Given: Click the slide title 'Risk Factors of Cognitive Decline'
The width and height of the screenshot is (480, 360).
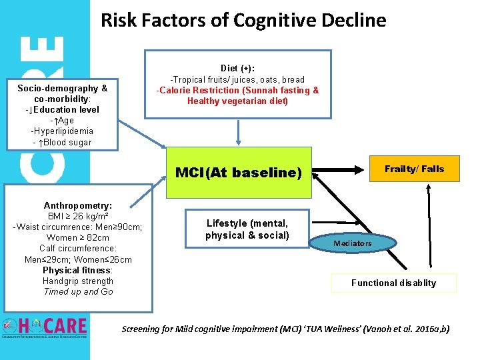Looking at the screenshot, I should coord(243,21).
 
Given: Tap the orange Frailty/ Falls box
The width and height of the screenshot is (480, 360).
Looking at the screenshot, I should coord(414,169).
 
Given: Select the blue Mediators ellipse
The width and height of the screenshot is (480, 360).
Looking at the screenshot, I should coord(353,243).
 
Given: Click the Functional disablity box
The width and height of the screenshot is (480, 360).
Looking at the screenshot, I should coord(394,283).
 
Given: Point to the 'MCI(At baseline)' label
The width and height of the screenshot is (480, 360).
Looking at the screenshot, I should coord(239,173).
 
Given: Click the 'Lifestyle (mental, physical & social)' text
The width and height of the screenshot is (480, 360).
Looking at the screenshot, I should coord(247,229).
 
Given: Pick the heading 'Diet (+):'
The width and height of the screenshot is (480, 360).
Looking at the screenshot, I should coord(237,68).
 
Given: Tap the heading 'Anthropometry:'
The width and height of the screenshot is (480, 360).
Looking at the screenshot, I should coord(78,206).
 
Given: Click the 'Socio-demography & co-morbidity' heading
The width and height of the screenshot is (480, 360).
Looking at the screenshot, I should coord(62,93).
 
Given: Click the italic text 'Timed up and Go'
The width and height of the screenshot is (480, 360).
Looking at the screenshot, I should coord(78,291).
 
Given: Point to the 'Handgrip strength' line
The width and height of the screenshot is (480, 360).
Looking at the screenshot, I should coord(78,281).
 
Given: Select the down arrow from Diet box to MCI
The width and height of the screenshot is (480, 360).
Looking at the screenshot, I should coord(239,133).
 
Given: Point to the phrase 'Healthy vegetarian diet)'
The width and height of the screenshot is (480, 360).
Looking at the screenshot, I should coord(238,101).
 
